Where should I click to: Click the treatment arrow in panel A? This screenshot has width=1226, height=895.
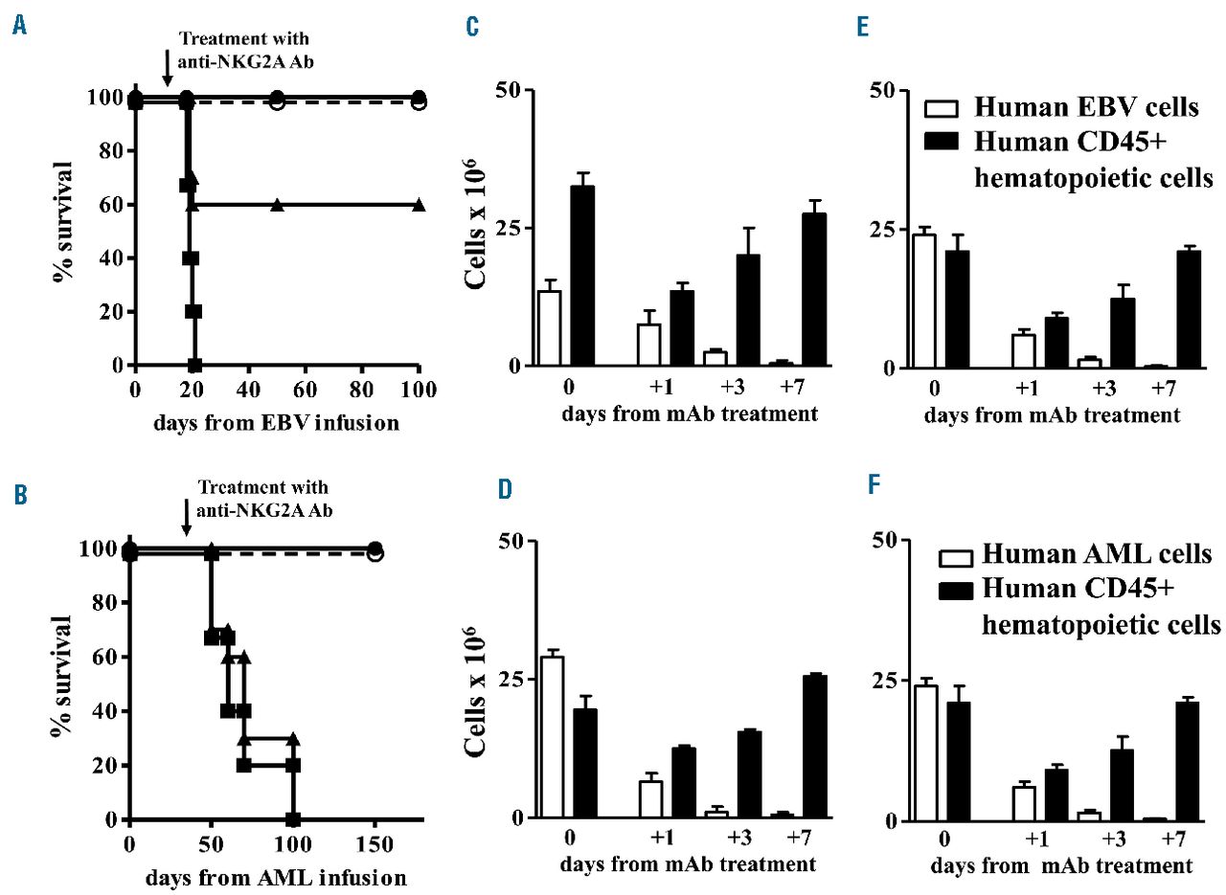168,66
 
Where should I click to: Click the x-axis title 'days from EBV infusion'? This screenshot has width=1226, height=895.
275,421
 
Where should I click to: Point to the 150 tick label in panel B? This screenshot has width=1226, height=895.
375,844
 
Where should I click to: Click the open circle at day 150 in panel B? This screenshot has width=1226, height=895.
375,553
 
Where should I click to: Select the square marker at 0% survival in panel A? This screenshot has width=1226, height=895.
194,365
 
